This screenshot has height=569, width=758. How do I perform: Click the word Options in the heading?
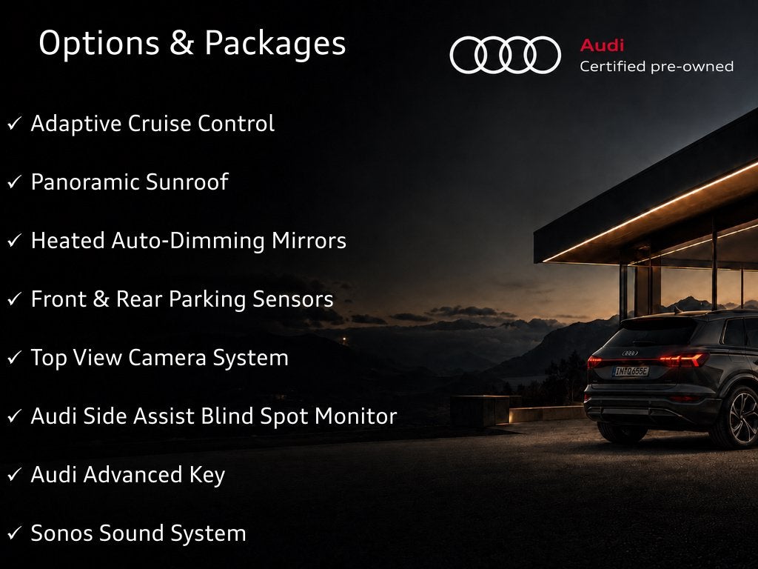pyautogui.click(x=98, y=44)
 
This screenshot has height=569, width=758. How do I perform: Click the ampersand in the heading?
pyautogui.click(x=181, y=42)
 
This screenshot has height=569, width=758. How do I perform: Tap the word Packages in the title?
pyautogui.click(x=275, y=44)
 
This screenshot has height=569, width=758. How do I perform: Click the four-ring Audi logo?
pyautogui.click(x=505, y=55)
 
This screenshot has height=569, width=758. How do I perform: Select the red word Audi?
pyautogui.click(x=602, y=45)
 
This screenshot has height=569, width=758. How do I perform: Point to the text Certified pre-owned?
pyautogui.click(x=657, y=66)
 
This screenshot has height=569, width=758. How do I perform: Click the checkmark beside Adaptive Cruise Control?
pyautogui.click(x=15, y=124)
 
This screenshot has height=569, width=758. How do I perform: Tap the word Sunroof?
pyautogui.click(x=187, y=182)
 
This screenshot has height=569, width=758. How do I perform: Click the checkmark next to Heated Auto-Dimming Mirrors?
pyautogui.click(x=15, y=241)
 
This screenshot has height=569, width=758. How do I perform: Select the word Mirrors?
pyautogui.click(x=309, y=241)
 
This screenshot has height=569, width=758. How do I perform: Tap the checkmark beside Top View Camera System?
pyautogui.click(x=15, y=358)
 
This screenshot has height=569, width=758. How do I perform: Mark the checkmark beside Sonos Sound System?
pyautogui.click(x=15, y=533)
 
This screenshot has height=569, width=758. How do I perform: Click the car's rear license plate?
pyautogui.click(x=631, y=371)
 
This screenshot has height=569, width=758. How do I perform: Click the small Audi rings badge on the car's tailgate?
pyautogui.click(x=630, y=353)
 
